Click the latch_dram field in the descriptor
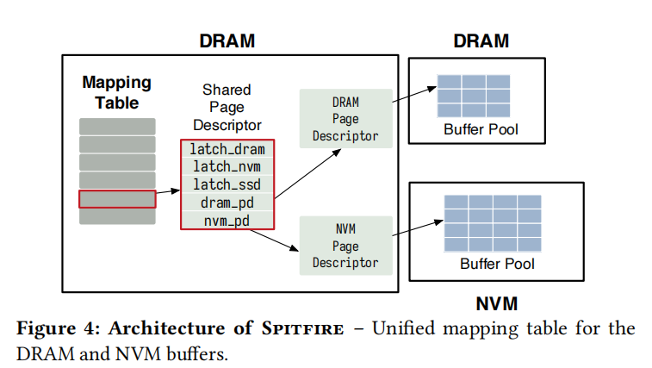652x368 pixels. [227, 149]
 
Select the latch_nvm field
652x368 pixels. [227, 166]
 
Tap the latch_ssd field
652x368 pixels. [227, 184]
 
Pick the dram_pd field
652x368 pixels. [227, 203]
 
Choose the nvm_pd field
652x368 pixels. [227, 221]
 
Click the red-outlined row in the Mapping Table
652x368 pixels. [117, 199]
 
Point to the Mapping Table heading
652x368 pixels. [117, 93]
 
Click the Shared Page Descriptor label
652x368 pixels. [227, 107]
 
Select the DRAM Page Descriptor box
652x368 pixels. [345, 119]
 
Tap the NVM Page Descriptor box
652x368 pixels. [345, 246]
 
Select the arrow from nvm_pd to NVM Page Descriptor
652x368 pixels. [288, 238]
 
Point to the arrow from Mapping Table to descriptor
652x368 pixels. [167, 195]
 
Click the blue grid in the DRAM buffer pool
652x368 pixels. [473, 96]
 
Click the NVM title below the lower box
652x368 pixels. [497, 303]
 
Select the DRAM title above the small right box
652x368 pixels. [481, 41]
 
